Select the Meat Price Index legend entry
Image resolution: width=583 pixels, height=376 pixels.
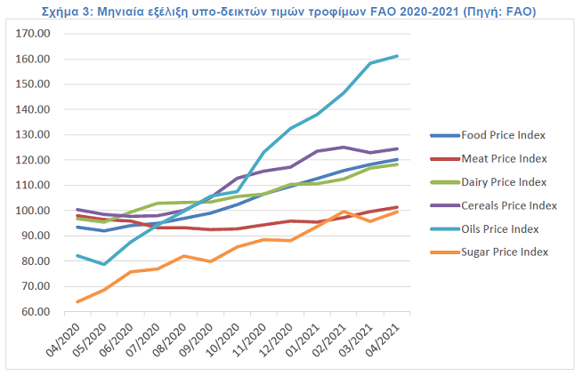pyautogui.click(x=504, y=158)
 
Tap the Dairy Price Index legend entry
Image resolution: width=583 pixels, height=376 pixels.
pyautogui.click(x=504, y=181)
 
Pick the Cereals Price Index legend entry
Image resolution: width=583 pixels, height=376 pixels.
pyautogui.click(x=508, y=205)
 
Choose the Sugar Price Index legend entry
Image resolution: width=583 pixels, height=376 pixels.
pyautogui.click(x=505, y=252)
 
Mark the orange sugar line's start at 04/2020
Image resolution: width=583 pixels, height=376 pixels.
pyautogui.click(x=78, y=302)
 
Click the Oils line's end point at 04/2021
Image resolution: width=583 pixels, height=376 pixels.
pyautogui.click(x=410, y=56)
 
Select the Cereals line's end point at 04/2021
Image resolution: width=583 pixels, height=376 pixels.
pyautogui.click(x=410, y=148)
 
